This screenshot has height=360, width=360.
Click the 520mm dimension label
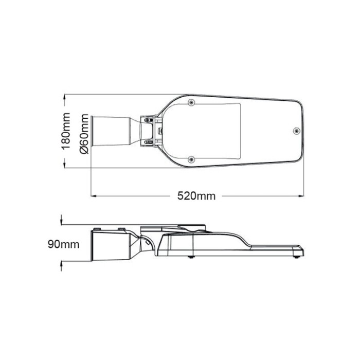click(196, 196)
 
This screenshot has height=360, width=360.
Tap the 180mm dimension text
click(65, 132)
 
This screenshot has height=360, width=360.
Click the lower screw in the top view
click(191, 159)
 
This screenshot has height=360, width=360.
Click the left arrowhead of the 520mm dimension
click(93, 196)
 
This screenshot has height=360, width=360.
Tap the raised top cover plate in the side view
click(175, 226)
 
